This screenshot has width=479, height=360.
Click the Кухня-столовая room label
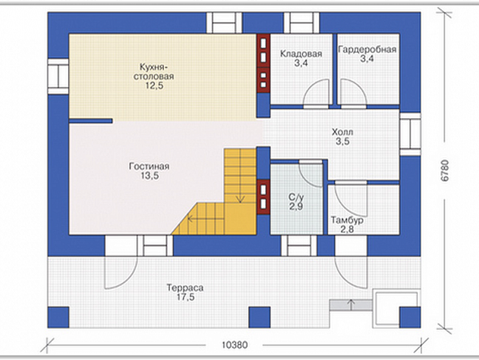tap(153, 72)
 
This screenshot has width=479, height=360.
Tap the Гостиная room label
tap(149, 166)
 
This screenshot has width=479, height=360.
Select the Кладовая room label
tap(301, 54)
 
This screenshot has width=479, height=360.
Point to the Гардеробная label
tap(367, 50)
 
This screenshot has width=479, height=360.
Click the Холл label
tap(342, 132)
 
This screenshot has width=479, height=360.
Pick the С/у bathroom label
tap(296, 197)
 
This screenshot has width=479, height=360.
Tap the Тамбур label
tap(348, 220)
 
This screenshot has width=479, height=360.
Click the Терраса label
tap(185, 288)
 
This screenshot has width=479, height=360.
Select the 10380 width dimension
tap(235, 345)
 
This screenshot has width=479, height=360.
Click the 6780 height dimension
tap(445, 171)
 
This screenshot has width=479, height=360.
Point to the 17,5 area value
tap(185, 297)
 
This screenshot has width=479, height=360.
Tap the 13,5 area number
tap(150, 175)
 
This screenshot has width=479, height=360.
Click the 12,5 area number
tap(154, 85)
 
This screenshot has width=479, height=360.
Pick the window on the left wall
tap(57, 76)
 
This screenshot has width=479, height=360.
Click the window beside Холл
tap(410, 134)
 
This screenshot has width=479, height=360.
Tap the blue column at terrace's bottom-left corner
tap(58, 317)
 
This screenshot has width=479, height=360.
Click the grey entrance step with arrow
tap(351, 305)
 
